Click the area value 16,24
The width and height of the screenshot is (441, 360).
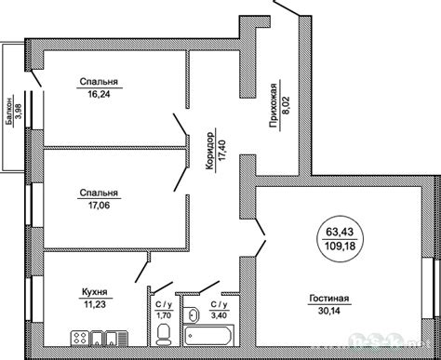(99, 94)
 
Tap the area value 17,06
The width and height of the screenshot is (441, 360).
(99, 205)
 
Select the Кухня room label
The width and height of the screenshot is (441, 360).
(95, 292)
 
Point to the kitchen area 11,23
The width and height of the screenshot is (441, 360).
(95, 304)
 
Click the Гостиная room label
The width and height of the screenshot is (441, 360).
(329, 299)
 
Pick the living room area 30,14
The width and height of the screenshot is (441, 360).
(329, 311)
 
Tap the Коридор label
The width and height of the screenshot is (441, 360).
(210, 151)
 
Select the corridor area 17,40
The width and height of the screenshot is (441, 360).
(222, 151)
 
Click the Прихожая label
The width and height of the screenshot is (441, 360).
(274, 106)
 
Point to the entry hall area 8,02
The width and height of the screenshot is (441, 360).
(286, 106)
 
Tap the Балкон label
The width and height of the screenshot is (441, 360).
(10, 112)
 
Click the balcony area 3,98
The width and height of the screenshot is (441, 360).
(20, 112)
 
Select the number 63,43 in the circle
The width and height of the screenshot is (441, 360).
(340, 232)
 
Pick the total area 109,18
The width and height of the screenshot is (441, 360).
(340, 247)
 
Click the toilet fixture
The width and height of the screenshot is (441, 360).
(163, 334)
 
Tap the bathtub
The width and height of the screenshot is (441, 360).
(208, 335)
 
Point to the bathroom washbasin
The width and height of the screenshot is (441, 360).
(193, 315)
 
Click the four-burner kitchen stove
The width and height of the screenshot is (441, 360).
(80, 338)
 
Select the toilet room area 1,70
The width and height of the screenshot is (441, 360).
(163, 315)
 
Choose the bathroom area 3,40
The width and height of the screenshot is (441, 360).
(220, 315)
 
